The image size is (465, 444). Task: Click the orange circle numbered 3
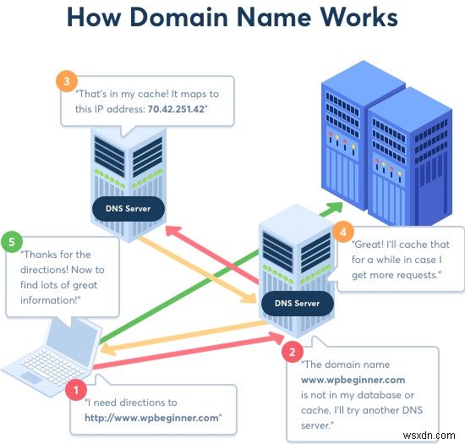(67, 83)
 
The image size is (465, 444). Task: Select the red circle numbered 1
(76, 392)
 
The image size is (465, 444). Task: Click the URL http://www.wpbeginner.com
(152, 417)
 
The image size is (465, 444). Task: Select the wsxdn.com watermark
(435, 432)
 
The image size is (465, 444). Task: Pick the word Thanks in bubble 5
(41, 255)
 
